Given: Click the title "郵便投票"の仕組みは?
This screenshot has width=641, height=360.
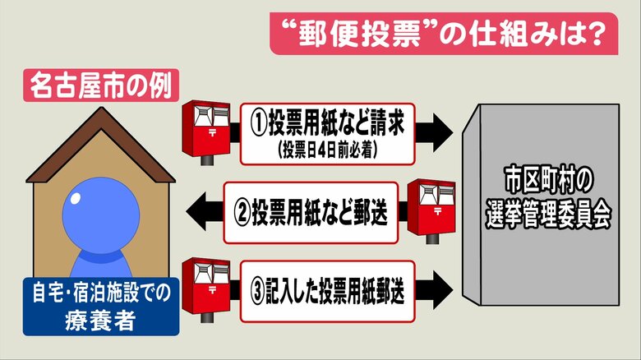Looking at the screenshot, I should coord(444,35).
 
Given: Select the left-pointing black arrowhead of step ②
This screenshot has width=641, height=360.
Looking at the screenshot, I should coord(198,209).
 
